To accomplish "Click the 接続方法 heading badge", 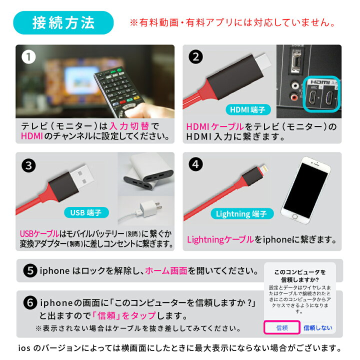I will click(x=63, y=23).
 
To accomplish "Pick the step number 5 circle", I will click(x=30, y=270).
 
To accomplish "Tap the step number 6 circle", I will click(x=30, y=303).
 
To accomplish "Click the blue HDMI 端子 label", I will click(x=248, y=109).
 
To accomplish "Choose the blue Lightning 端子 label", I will click(x=241, y=214).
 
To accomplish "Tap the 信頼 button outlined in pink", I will click(x=281, y=328).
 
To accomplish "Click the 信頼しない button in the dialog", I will click(x=317, y=328).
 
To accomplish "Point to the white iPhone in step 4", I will click(x=310, y=193).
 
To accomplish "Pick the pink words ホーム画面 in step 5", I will click(x=166, y=270).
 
